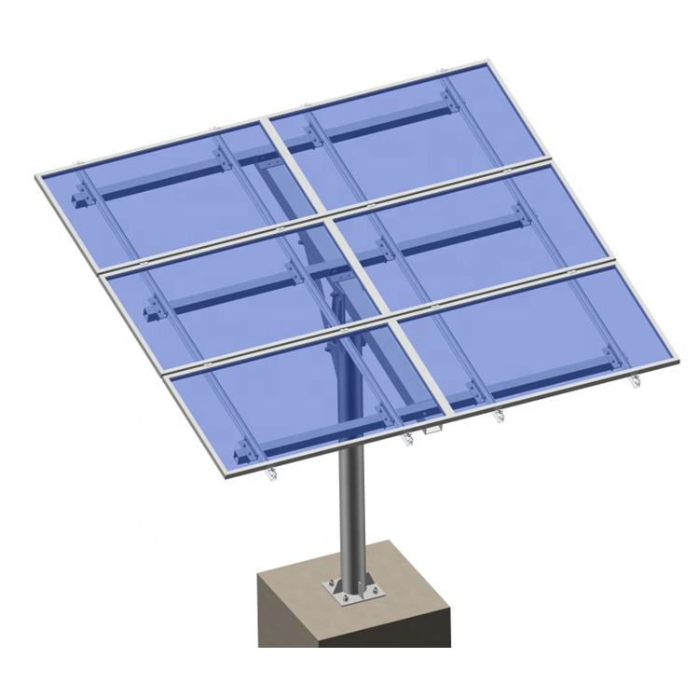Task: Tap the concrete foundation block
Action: click(354, 643)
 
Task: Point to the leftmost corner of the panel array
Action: click(37, 176)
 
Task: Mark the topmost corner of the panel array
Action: click(482, 62)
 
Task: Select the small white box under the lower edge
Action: click(432, 430)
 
